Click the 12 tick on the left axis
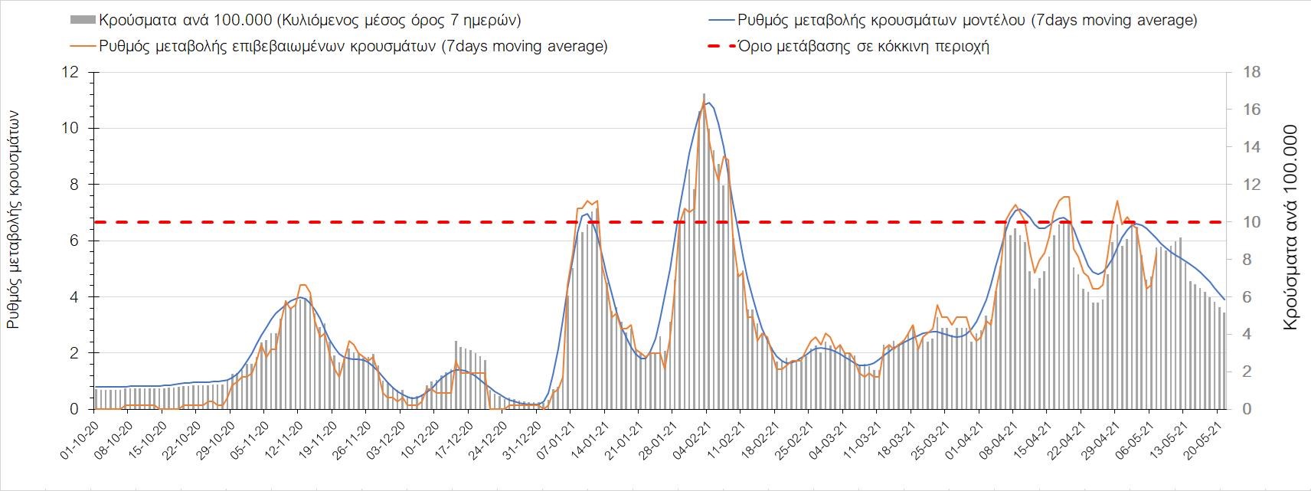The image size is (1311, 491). click(x=72, y=73)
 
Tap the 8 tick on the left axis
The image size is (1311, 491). click(x=75, y=185)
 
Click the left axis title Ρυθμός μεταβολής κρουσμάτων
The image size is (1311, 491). click(x=13, y=219)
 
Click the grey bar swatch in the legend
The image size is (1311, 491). click(x=82, y=20)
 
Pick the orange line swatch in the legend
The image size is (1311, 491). click(x=82, y=46)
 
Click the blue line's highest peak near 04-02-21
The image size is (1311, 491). click(x=708, y=103)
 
